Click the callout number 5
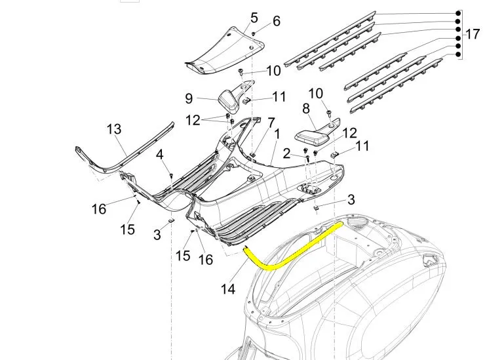tap(254, 16)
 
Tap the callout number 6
tap(276, 22)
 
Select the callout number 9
tap(189, 98)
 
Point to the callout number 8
tap(305, 108)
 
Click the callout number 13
tap(114, 129)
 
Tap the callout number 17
tap(473, 33)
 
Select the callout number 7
tap(271, 123)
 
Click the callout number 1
tap(277, 134)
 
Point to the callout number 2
tap(286, 153)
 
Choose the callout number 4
tap(160, 154)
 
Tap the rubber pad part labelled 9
tap(229, 100)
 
